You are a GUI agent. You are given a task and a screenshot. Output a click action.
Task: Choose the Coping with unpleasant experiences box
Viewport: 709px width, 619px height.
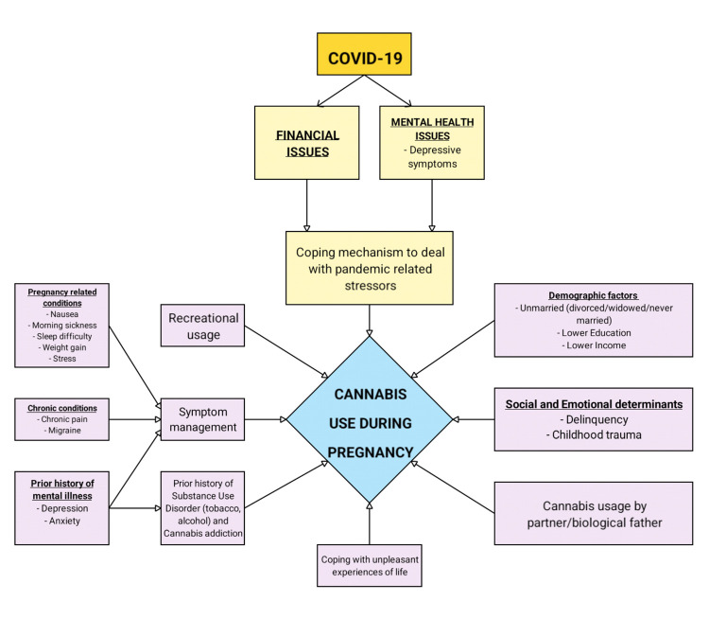click(370, 564)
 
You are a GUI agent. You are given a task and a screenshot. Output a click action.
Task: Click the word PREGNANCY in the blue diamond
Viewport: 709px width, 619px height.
click(370, 452)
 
